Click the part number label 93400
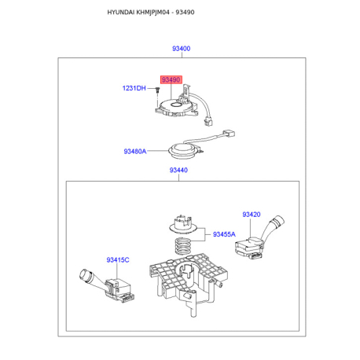(181, 49)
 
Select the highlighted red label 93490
(171, 79)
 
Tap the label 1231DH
(134, 88)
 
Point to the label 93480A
(135, 151)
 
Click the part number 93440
(178, 170)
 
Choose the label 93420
(252, 215)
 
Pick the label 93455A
(224, 234)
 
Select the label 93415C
(118, 260)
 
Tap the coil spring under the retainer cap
(182, 246)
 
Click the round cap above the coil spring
(183, 224)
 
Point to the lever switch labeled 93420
(259, 239)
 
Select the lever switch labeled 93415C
(108, 285)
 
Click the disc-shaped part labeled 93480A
(184, 151)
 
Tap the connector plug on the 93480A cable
(229, 134)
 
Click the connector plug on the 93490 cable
(208, 122)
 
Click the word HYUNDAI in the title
(121, 12)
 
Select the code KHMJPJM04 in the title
(153, 12)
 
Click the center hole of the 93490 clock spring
(175, 105)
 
